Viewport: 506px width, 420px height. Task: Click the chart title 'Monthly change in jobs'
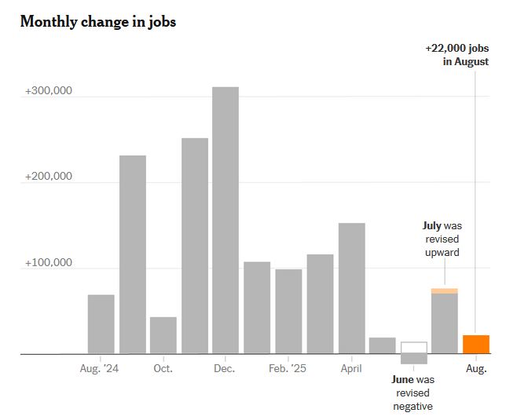pos(98,22)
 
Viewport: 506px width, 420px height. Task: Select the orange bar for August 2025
pos(476,345)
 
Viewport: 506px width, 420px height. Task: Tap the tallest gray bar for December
pos(225,220)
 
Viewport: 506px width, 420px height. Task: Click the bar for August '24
pos(101,324)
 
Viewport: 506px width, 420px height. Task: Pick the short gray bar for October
pos(163,335)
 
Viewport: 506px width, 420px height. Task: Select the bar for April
pos(351,288)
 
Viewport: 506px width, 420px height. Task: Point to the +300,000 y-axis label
pos(49,91)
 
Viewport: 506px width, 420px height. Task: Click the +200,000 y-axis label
pos(49,177)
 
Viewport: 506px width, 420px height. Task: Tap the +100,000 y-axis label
pos(49,263)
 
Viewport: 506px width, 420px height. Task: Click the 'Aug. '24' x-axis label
pos(101,368)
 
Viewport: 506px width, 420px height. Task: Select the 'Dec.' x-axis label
pos(225,368)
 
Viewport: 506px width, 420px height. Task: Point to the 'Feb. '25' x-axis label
pos(288,368)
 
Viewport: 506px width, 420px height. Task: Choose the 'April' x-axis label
pos(351,368)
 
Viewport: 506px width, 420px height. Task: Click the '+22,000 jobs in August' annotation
pos(456,55)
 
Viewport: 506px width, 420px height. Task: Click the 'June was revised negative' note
pos(413,393)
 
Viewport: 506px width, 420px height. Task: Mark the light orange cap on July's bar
pos(445,291)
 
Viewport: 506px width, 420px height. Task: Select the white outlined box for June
pos(414,348)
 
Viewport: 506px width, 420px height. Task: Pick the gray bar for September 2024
pos(132,254)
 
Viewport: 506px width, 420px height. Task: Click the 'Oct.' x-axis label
pos(163,368)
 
